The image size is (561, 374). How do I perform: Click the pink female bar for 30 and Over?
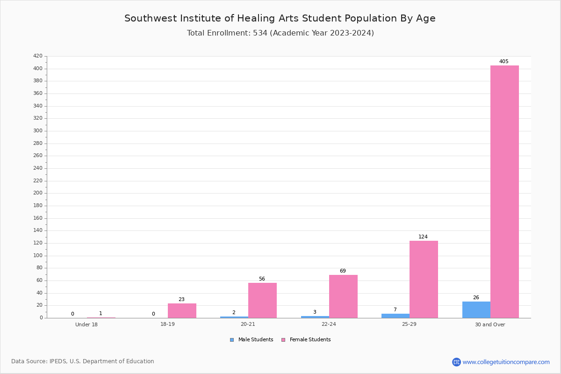coord(504,192)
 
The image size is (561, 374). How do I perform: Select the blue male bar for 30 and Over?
coord(476,310)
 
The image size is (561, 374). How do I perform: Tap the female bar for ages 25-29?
coord(424,279)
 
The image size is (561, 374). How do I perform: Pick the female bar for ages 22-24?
coord(343,296)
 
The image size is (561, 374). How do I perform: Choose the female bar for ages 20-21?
coord(262,301)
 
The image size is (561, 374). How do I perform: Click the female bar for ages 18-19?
coord(182,311)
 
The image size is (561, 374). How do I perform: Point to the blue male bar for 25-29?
coord(396,316)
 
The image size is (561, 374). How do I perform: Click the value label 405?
coord(504,61)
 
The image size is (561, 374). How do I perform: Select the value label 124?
coord(423,237)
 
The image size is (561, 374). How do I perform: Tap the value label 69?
coord(343,271)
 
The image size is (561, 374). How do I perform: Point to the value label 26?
coord(476,298)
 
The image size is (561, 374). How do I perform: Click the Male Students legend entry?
coord(252,340)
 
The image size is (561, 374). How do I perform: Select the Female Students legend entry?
coord(306,340)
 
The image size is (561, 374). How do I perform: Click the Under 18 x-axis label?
coord(86,324)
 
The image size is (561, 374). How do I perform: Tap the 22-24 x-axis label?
coord(329,324)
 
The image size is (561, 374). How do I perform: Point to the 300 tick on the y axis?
coord(38,131)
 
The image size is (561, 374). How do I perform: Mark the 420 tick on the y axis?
coord(38,56)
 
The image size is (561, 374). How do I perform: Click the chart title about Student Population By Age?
coord(280,18)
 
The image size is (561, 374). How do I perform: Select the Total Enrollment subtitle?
coord(280,33)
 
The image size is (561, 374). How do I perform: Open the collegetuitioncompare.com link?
coord(506,362)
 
